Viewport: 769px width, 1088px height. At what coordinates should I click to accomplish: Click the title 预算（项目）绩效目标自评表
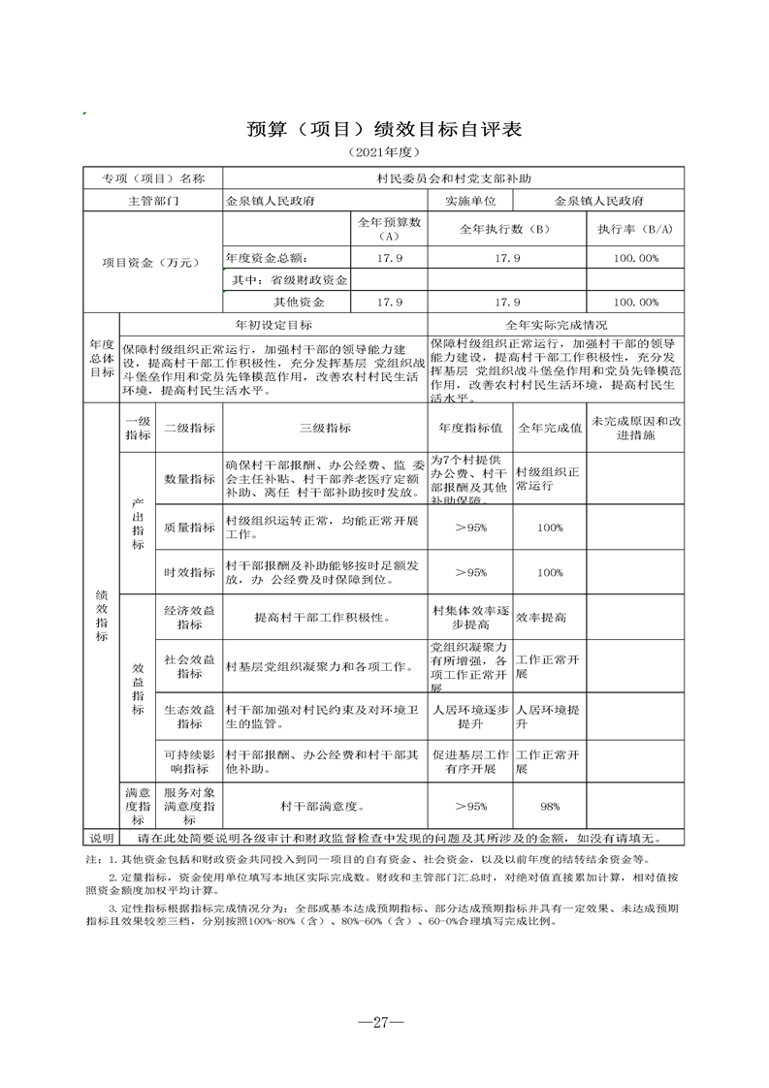click(384, 129)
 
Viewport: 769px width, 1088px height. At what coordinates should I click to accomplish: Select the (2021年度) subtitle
click(384, 154)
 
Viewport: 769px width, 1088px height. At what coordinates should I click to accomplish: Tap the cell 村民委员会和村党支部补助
click(454, 178)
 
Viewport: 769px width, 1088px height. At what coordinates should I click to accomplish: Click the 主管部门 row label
click(153, 201)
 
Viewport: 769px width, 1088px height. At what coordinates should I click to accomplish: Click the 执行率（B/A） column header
click(635, 229)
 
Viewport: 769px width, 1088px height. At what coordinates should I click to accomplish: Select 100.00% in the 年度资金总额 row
click(635, 258)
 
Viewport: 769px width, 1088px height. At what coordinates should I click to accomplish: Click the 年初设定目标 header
click(273, 324)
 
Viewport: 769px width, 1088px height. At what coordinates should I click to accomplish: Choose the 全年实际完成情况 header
click(556, 324)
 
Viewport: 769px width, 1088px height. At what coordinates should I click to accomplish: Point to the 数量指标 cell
click(189, 479)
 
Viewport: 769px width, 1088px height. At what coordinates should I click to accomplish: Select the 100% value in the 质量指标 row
click(550, 528)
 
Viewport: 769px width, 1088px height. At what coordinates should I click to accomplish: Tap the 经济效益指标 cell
click(189, 617)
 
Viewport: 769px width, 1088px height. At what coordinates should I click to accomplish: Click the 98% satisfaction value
click(550, 806)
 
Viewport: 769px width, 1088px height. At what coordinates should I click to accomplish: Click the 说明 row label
click(102, 838)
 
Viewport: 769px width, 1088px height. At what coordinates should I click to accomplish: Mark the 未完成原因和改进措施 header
click(635, 428)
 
